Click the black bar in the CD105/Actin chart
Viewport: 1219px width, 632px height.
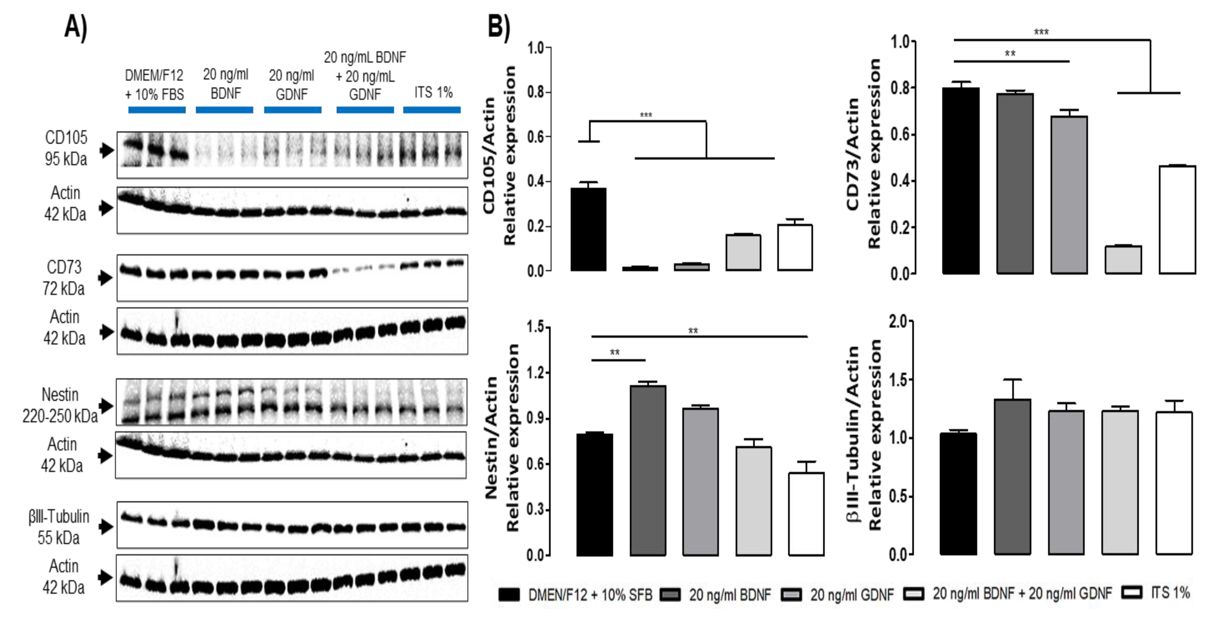588,230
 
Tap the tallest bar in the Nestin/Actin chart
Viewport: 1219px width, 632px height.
648,470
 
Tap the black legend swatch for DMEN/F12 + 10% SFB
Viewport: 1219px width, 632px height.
509,594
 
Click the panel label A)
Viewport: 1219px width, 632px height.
76,27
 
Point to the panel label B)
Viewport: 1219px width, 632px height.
499,27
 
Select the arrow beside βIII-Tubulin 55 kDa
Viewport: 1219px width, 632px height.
106,527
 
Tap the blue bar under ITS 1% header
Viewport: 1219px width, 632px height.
432,110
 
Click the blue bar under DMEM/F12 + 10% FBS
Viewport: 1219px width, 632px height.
157,110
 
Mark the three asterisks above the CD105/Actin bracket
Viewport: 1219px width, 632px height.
645,115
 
